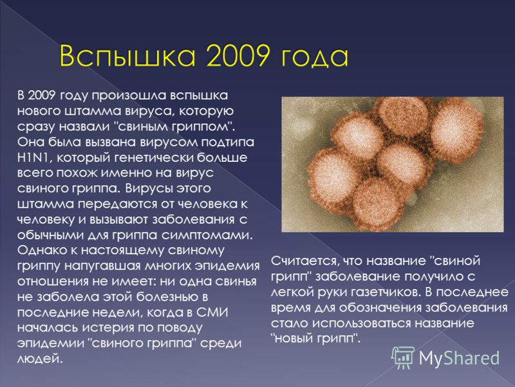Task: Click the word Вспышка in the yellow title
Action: (127, 57)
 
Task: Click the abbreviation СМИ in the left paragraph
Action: (212, 312)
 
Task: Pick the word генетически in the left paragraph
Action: (154, 157)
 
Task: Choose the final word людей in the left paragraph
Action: (39, 359)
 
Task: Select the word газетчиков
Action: (386, 292)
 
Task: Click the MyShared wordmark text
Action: (459, 358)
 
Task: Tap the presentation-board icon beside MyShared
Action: (403, 357)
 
